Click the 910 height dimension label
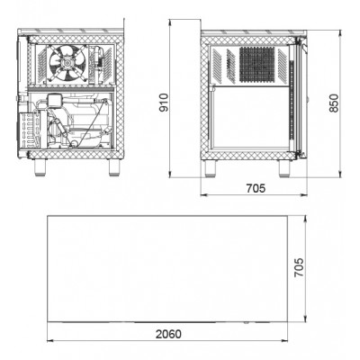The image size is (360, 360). [164, 103]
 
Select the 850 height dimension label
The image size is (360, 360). [334, 103]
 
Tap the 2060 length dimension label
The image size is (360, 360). [168, 334]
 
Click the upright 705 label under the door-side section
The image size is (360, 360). [256, 188]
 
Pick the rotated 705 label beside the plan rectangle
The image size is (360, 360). [299, 267]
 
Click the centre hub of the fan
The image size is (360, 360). [66, 63]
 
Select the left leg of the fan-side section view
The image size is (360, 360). [40, 167]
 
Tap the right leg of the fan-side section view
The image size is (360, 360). [114, 167]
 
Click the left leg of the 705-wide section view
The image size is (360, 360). [210, 168]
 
